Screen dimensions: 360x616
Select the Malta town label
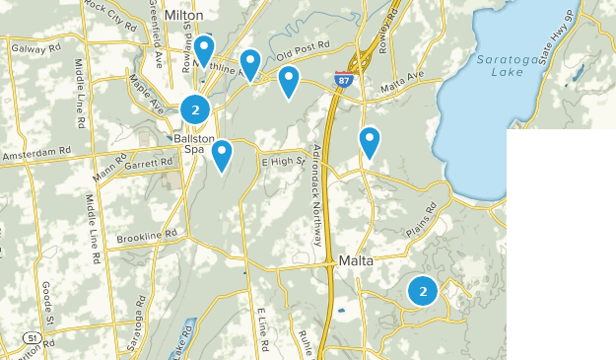tap(356, 261)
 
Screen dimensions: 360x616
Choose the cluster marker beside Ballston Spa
tap(195, 109)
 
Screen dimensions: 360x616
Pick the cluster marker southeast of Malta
tap(423, 291)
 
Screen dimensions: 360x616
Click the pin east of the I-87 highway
tap(370, 141)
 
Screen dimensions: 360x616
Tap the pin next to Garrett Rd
tap(222, 154)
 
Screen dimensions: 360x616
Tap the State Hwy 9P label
tap(580, 43)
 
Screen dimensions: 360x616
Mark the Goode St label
tap(47, 302)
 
